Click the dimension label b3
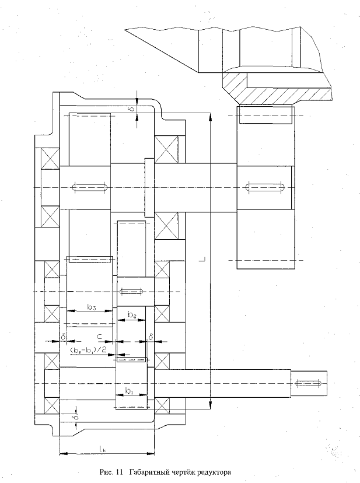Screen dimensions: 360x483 pyautogui.click(x=91, y=307)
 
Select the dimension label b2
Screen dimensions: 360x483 pyautogui.click(x=132, y=315)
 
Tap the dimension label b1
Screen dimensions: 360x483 pyautogui.click(x=129, y=391)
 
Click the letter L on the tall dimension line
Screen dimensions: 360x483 pyautogui.click(x=202, y=260)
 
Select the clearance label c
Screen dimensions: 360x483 pyautogui.click(x=99, y=337)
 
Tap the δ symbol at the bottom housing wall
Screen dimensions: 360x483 pyautogui.click(x=76, y=418)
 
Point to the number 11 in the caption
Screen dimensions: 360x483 pyautogui.click(x=120, y=472)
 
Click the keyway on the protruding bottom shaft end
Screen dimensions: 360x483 pyautogui.click(x=309, y=383)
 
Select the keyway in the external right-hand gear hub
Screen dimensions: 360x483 pyautogui.click(x=265, y=187)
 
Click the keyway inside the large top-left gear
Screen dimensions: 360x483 pyautogui.click(x=90, y=187)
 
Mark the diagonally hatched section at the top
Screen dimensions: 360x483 pyautogui.click(x=277, y=87)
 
